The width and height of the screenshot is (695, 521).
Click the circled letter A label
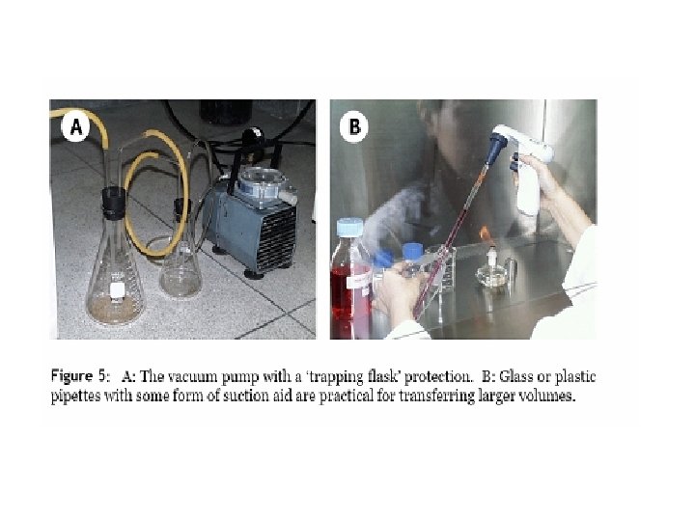click(76, 126)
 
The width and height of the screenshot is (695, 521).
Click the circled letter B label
click(354, 126)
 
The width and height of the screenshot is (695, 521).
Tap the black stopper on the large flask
click(114, 203)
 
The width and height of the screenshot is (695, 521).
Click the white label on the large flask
click(117, 290)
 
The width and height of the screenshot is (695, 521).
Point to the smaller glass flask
click(181, 257)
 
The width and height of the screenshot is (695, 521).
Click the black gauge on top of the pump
click(252, 139)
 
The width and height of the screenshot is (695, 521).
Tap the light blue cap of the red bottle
click(350, 228)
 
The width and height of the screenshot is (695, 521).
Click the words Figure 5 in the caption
click(78, 376)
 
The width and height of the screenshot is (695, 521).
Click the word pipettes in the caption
click(76, 396)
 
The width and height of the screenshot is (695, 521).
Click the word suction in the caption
click(243, 395)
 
